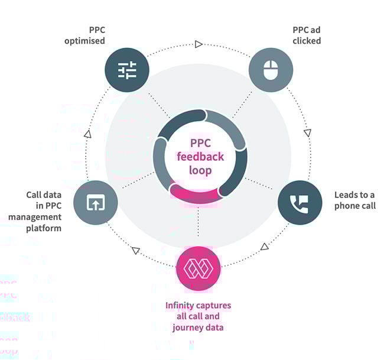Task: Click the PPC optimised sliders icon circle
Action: pyautogui.click(x=127, y=71)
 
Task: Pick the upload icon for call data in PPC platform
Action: pyautogui.click(x=96, y=203)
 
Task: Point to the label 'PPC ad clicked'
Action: pyautogui.click(x=307, y=35)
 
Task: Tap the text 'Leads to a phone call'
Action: pyautogui.click(x=354, y=200)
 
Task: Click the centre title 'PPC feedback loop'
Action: pyautogui.click(x=200, y=157)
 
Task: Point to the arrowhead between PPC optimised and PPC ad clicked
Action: pyautogui.click(x=198, y=44)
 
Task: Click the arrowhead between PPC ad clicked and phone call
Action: pyautogui.click(x=307, y=132)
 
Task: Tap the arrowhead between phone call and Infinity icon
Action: pyautogui.click(x=264, y=245)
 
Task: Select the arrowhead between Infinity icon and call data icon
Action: pyautogui.click(x=135, y=251)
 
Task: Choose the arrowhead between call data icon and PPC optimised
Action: pyautogui.click(x=87, y=134)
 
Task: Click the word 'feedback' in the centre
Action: pyautogui.click(x=200, y=157)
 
